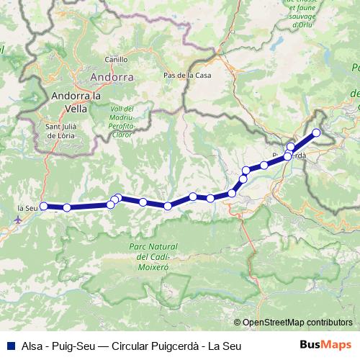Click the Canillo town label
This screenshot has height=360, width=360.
116,60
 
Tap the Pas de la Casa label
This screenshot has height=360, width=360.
186,75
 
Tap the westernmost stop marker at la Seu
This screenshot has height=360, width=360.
44,206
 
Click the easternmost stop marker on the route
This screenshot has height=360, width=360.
315,132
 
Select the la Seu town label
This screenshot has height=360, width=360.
27,209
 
